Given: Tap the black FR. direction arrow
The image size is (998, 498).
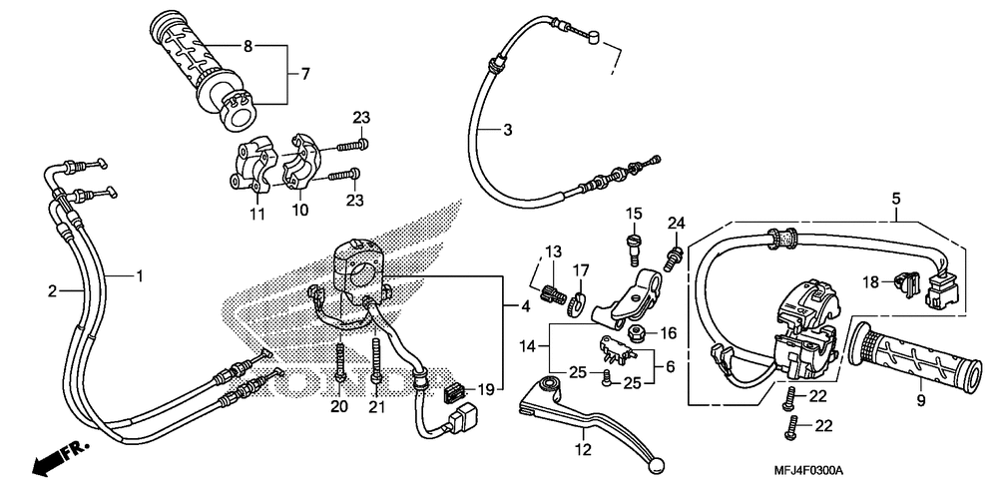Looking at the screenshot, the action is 59,458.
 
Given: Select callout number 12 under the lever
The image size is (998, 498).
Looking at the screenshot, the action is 584,450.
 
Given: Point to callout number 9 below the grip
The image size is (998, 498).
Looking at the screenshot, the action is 921,401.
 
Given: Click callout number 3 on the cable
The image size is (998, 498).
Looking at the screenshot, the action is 507,130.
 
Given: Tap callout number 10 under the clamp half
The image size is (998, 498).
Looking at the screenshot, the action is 299,210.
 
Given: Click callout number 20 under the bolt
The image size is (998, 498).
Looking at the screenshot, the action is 339,405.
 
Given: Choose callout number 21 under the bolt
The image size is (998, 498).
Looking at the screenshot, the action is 375,405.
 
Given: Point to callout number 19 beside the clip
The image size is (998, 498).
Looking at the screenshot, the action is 486,389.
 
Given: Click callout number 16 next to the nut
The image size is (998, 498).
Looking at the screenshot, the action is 669,333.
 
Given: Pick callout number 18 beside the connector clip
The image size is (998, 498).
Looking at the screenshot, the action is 870,281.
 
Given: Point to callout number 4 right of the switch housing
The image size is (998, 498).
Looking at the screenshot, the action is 525,307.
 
